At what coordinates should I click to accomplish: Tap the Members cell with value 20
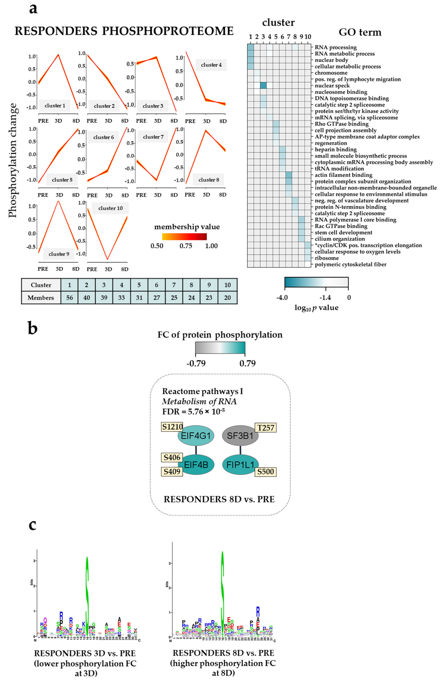pyautogui.click(x=227, y=298)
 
